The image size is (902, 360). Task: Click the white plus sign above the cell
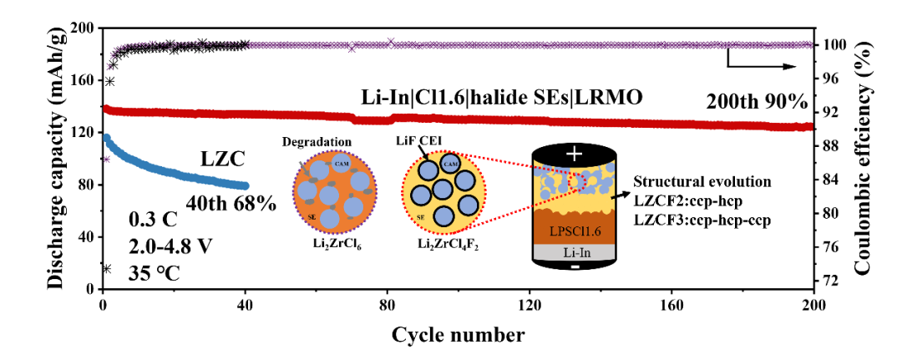[x=574, y=154]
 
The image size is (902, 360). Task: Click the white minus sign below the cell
[x=575, y=267]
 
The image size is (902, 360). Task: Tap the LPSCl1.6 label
[x=575, y=231]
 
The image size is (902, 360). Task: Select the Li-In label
[x=575, y=252]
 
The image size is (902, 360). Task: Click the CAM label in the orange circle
[x=342, y=164]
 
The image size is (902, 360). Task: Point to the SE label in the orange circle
[x=312, y=217]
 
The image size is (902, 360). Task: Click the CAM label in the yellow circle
[x=450, y=165]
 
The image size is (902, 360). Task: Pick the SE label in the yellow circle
[x=420, y=217]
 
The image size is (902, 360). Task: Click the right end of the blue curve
[x=245, y=185]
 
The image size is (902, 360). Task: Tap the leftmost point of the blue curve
[x=107, y=136]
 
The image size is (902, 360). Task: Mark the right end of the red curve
[x=808, y=127]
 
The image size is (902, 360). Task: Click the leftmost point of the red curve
[x=106, y=108]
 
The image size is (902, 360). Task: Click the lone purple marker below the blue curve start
[x=107, y=159]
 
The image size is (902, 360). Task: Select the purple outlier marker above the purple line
[x=390, y=40]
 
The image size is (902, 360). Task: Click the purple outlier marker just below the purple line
[x=352, y=50]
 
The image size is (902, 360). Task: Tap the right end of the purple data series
[x=809, y=44]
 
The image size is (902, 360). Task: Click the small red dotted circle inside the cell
[x=577, y=181]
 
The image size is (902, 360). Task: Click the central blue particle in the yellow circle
[x=443, y=190]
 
